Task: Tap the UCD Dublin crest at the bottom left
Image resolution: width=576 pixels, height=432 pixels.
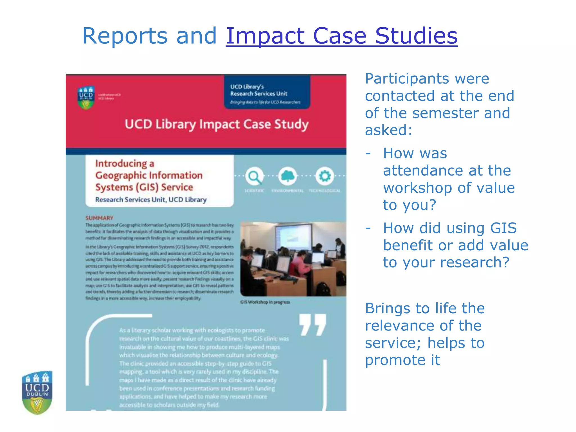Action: [x=37, y=392]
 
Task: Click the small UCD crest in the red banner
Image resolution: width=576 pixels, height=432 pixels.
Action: [x=86, y=97]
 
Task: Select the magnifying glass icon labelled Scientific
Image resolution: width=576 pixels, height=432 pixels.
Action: [x=254, y=176]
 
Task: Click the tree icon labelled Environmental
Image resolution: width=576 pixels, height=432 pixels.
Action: [x=287, y=176]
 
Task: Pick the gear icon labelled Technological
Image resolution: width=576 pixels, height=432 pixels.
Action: [x=325, y=176]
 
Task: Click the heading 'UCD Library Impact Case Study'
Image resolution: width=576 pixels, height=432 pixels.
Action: [x=217, y=124]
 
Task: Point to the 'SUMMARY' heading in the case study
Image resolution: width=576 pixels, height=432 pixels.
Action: [x=99, y=218]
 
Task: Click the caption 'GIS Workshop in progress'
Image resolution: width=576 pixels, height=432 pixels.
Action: [x=265, y=302]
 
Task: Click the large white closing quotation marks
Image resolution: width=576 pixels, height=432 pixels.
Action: [x=312, y=325]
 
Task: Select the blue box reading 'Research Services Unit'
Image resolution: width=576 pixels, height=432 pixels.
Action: [x=267, y=92]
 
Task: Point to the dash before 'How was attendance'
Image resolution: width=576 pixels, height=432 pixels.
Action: [x=368, y=154]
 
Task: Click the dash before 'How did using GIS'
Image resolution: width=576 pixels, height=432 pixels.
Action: [x=368, y=228]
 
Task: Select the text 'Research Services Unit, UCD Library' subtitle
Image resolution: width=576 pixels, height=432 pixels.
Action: [x=151, y=200]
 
